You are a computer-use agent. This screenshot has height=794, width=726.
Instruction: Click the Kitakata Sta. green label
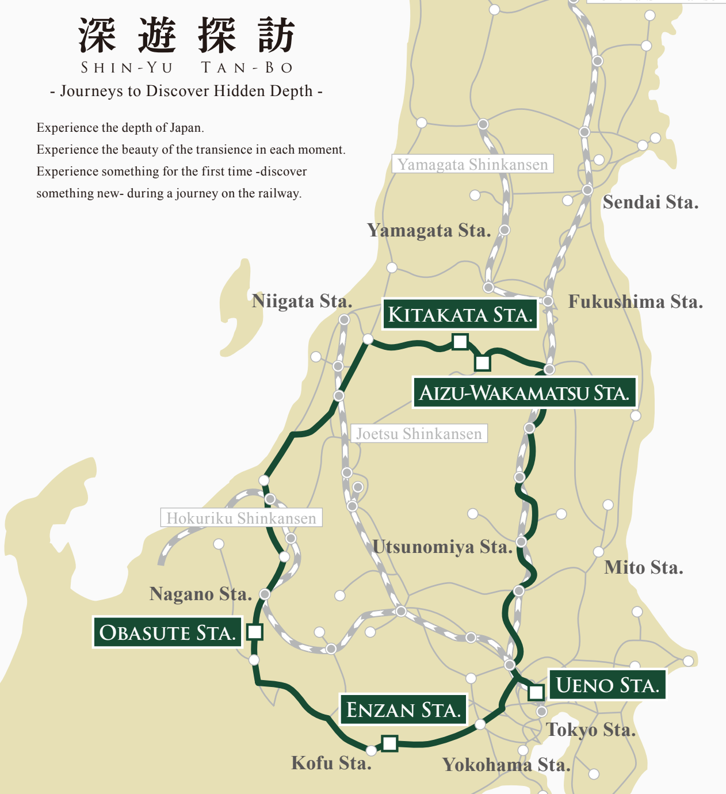click(460, 314)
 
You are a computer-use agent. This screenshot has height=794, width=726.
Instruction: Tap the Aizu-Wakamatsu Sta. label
click(524, 393)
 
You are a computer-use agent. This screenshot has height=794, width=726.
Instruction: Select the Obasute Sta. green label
click(167, 632)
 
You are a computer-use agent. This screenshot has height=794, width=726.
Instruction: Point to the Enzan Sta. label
click(403, 709)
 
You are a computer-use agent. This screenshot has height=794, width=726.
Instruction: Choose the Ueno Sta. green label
click(607, 685)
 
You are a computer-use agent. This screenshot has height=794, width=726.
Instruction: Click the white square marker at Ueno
click(536, 692)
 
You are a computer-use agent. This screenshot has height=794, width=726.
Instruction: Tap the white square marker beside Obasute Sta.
click(254, 632)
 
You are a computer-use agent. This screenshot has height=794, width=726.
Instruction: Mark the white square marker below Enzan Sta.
click(389, 743)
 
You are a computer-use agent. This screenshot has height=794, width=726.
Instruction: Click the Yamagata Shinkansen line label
click(472, 164)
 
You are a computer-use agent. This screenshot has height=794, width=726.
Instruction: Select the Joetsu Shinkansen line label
click(419, 433)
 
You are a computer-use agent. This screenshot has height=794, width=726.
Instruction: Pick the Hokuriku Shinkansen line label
click(241, 518)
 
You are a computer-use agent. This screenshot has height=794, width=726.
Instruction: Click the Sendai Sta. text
click(651, 203)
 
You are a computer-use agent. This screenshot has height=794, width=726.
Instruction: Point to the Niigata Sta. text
click(302, 301)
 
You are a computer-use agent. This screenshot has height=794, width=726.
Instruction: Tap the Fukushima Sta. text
click(636, 302)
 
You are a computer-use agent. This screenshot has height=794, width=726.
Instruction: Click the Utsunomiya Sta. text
click(442, 547)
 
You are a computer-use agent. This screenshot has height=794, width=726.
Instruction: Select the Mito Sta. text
click(644, 568)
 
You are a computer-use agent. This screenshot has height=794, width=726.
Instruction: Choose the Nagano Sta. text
click(201, 594)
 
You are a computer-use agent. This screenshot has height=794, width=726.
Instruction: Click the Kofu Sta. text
click(331, 763)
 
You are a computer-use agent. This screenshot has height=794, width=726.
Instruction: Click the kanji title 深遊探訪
click(187, 36)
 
